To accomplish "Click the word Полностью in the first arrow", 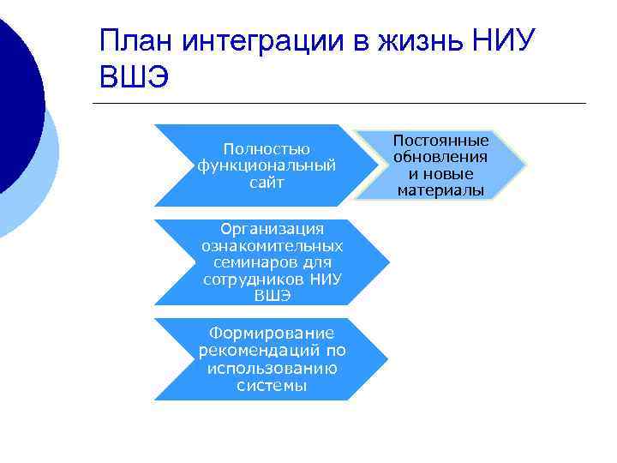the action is coord(266,149).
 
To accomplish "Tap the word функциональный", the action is coord(266,165).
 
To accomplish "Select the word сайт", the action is coord(266,182).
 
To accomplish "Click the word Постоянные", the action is coord(440,141).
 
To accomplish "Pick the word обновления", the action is coord(440,157).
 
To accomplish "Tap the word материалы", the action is coord(440,189).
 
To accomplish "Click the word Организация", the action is coord(272,229).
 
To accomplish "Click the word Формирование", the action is coord(272,334).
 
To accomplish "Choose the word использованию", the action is coord(272,368).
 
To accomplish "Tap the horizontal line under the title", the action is coord(343,104).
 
